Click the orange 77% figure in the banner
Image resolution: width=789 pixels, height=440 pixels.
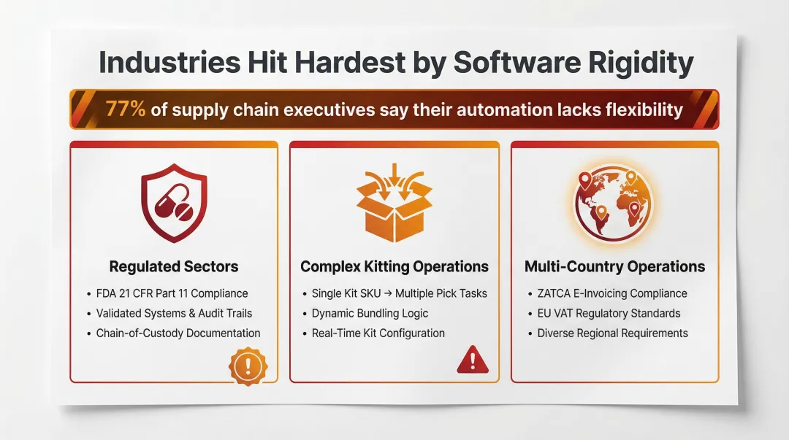126,109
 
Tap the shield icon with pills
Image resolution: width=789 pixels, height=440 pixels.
174,204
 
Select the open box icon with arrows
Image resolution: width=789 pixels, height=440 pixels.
394,204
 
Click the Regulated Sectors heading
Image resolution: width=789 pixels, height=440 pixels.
174,266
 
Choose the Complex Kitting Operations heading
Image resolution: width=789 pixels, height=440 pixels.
394,266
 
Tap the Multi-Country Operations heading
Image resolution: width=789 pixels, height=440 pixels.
614,266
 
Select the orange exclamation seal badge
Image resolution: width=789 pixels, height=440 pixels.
248,366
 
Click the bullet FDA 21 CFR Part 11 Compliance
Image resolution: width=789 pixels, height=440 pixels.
172,293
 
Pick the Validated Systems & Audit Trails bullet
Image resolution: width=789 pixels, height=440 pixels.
174,313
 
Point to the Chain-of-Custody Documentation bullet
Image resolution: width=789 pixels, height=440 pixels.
178,333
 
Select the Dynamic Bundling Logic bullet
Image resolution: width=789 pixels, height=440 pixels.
370,313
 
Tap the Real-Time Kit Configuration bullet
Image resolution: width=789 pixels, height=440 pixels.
378,333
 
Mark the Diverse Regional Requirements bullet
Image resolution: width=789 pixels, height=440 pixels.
612,333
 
